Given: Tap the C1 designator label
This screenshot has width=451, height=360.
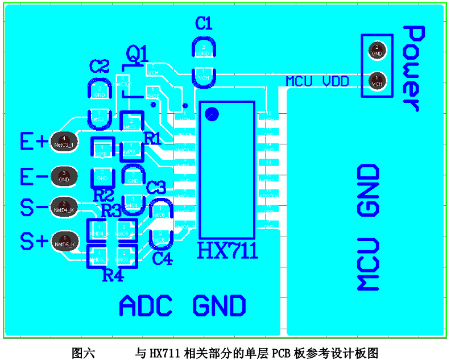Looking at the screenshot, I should click(x=203, y=23).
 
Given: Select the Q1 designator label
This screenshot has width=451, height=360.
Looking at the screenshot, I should click(x=137, y=54).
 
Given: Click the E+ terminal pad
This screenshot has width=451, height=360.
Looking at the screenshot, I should click(x=65, y=142).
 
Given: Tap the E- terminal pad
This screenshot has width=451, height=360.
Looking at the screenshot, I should click(x=64, y=176).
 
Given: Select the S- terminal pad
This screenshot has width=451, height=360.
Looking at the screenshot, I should click(x=64, y=207).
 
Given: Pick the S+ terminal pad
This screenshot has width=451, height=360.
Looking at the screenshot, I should click(x=64, y=241).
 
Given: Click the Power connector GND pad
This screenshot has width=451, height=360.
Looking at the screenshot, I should click(x=376, y=50).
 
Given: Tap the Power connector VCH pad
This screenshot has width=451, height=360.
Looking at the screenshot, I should click(x=376, y=80).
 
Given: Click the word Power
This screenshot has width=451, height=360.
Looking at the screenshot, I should click(x=413, y=68).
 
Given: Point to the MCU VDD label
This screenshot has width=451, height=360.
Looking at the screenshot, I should click(x=317, y=81).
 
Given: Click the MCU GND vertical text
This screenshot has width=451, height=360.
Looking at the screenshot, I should click(x=368, y=227).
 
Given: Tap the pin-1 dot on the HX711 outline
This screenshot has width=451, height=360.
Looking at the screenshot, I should click(x=212, y=114).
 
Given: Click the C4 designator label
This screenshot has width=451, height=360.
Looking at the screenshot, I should click(x=162, y=259).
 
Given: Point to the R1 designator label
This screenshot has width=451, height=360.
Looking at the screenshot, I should click(x=152, y=138).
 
